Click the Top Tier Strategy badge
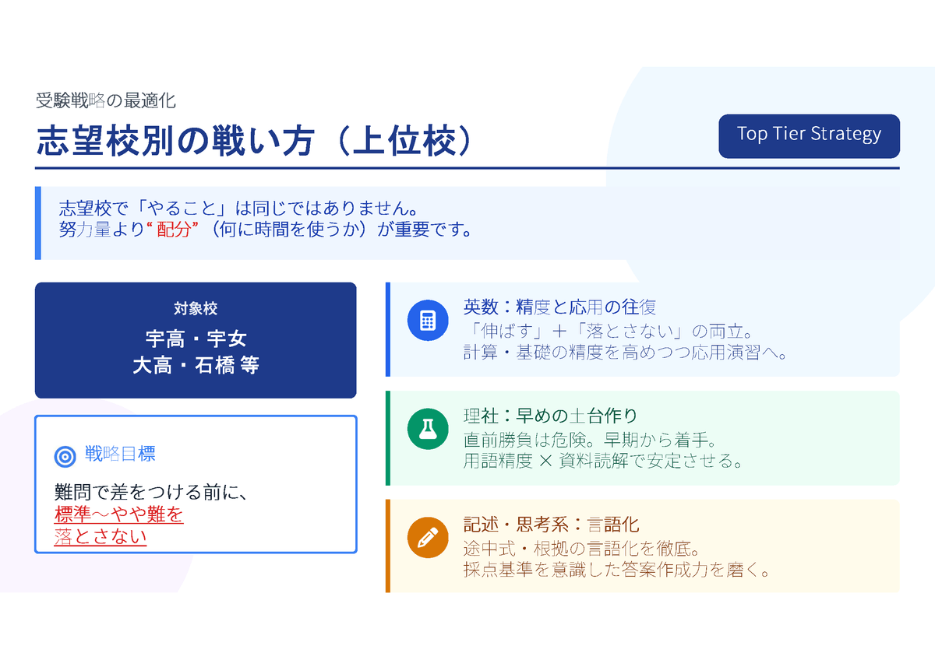pyautogui.click(x=809, y=136)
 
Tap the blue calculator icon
pyautogui.click(x=428, y=320)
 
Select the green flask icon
pyautogui.click(x=428, y=429)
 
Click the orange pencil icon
pyautogui.click(x=428, y=538)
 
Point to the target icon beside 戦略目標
pyautogui.click(x=65, y=456)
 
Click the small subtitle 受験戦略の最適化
pyautogui.click(x=106, y=101)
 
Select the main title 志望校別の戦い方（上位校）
pyautogui.click(x=255, y=141)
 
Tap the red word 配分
pyautogui.click(x=174, y=230)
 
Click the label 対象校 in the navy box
pyautogui.click(x=196, y=308)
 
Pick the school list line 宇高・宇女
pyautogui.click(x=196, y=339)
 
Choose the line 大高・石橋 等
pyautogui.click(x=196, y=365)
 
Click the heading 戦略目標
pyautogui.click(x=120, y=454)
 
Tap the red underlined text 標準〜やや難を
pyautogui.click(x=118, y=514)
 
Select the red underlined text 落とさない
pyautogui.click(x=101, y=536)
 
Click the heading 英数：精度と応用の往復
pyautogui.click(x=559, y=307)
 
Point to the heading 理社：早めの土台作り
pyautogui.click(x=551, y=416)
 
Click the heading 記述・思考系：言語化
pyautogui.click(x=551, y=525)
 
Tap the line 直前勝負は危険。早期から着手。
pyautogui.click(x=591, y=440)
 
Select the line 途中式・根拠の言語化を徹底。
pyautogui.click(x=581, y=549)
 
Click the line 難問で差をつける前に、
pyautogui.click(x=151, y=493)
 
